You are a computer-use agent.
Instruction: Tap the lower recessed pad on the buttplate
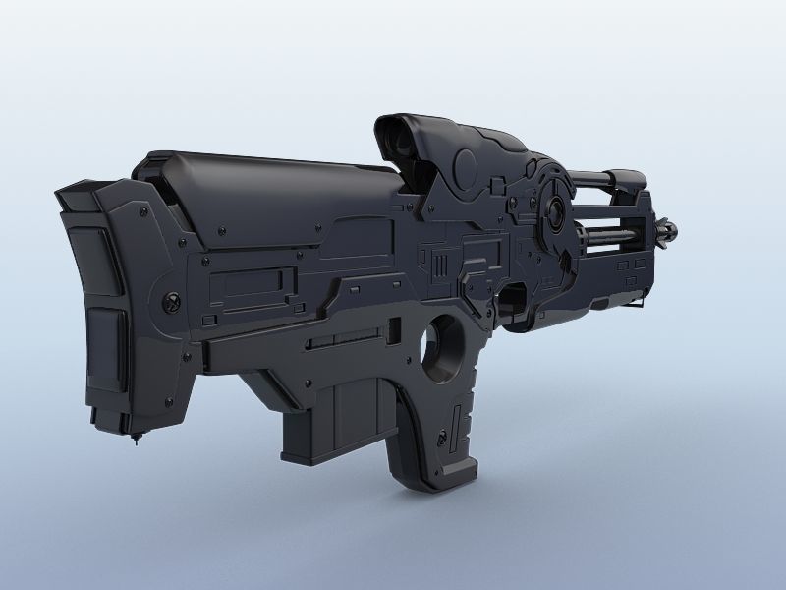(104, 349)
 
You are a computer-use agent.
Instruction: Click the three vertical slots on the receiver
(440, 265)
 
